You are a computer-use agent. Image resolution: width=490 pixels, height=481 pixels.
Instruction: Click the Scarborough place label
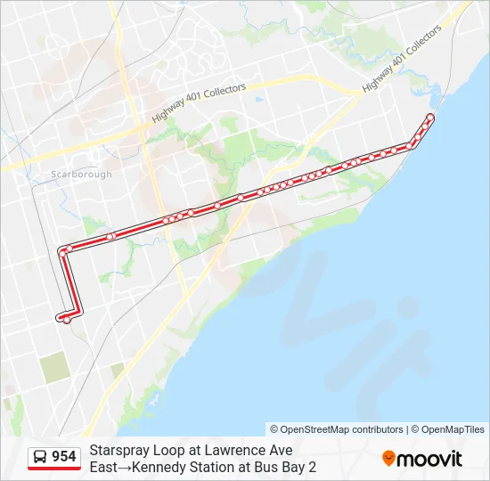click(x=81, y=175)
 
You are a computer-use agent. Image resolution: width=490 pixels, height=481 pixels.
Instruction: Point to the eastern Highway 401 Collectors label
click(x=403, y=59)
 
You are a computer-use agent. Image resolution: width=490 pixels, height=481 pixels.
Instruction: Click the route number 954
click(x=64, y=457)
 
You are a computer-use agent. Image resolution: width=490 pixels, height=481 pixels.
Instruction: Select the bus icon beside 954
click(x=40, y=457)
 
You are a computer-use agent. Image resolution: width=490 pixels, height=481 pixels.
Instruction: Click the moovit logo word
click(x=430, y=459)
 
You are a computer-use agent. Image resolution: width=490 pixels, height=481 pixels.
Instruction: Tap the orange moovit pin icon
click(x=388, y=459)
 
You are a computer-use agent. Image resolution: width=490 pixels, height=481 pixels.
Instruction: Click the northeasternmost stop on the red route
click(x=431, y=118)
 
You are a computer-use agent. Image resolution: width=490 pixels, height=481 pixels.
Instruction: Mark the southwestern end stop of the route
click(x=61, y=317)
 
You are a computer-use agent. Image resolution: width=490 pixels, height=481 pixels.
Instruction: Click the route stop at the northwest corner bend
click(x=62, y=252)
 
